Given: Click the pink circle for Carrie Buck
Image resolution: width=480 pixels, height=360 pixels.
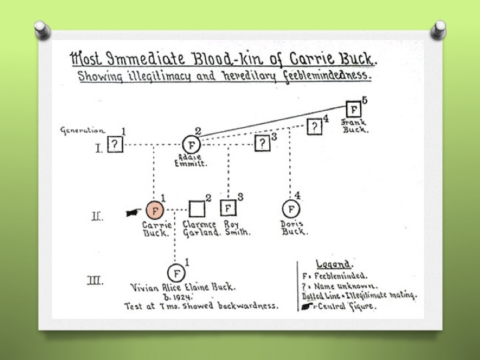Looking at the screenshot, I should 155,210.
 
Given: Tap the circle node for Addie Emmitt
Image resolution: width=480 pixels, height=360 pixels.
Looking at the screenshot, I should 191,145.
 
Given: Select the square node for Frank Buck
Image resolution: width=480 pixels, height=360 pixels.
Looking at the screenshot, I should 354,109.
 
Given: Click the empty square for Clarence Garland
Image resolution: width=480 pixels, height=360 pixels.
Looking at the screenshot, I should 196,209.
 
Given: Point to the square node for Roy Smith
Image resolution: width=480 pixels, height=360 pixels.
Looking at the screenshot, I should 229,209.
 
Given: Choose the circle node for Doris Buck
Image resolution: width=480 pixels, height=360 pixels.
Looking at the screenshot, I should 290,209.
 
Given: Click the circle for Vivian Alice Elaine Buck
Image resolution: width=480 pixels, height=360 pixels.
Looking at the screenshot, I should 176,273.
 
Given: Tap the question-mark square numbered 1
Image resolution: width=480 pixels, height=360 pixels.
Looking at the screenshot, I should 115,145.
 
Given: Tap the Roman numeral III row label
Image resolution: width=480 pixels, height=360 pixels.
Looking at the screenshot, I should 97,280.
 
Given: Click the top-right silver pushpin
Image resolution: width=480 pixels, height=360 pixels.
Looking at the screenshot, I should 439,29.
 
